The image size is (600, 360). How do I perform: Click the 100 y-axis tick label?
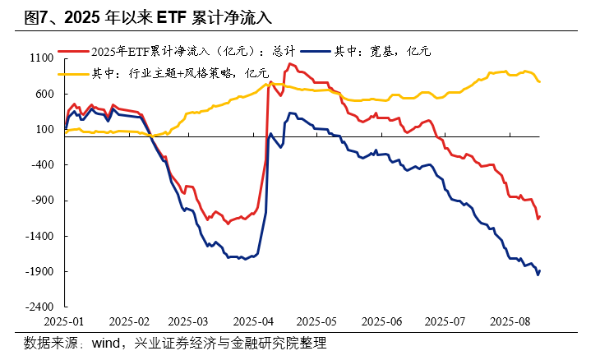click(x=45, y=130)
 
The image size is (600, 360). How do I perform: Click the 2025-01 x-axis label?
click(x=65, y=321)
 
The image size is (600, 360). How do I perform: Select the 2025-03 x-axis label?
click(x=192, y=321)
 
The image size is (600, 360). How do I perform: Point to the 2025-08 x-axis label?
click(x=510, y=321)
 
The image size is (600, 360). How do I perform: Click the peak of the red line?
click(x=290, y=63)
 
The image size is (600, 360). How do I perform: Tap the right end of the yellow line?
click(x=539, y=81)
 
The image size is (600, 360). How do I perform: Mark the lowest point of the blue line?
click(x=538, y=275)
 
